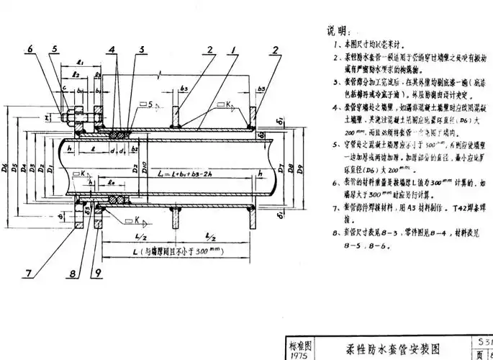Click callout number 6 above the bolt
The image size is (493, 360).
tap(31, 49)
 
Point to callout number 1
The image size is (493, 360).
tap(233, 49)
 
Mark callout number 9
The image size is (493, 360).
tap(99, 274)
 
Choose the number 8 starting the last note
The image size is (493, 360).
tap(335, 232)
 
